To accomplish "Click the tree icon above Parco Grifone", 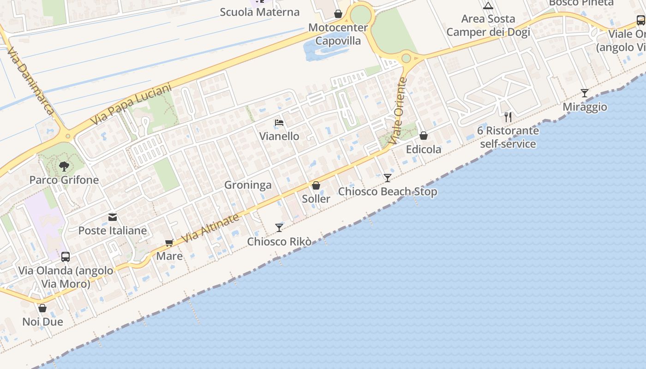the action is point(64,166).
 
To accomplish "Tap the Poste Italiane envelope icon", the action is point(113,217).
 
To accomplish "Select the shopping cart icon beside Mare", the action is point(169,243).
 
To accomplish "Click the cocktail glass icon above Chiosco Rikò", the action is point(279,227).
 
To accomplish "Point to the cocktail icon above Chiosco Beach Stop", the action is point(388,178).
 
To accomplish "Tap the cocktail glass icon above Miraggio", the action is point(585,93).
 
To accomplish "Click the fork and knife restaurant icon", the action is point(508,117).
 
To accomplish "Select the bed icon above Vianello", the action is point(279,123).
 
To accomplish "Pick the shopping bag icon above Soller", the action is point(316,185).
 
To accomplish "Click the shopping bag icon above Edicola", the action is point(424,136).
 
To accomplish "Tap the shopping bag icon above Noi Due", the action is point(42,308).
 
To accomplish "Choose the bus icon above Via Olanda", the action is point(66,257).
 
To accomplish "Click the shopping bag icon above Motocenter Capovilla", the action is point(338,14).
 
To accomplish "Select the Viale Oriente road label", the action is point(398,111).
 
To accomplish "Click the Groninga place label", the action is point(248,185).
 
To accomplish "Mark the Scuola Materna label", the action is point(260,12).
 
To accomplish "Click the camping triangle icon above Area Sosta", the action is point(488,6).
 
